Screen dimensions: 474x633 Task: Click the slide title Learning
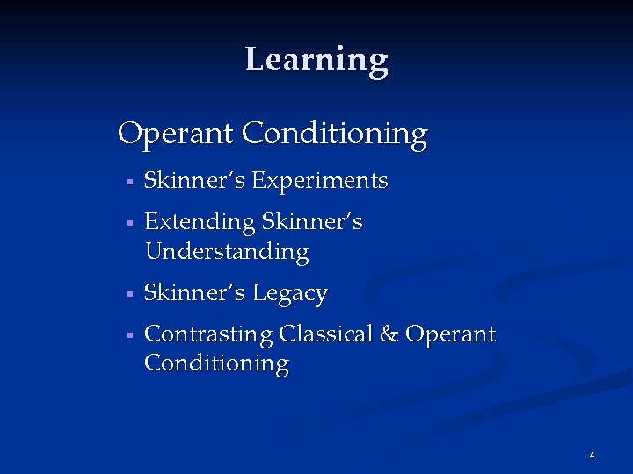click(316, 60)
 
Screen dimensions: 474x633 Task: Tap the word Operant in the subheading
click(176, 134)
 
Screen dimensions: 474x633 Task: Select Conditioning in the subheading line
click(335, 134)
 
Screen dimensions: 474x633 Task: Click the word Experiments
click(320, 182)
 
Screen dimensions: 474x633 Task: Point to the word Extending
click(200, 223)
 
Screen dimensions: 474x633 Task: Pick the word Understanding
click(227, 252)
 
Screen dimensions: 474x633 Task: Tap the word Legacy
click(290, 294)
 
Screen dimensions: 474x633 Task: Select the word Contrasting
click(208, 334)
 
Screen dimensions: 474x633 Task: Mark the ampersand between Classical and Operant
click(389, 334)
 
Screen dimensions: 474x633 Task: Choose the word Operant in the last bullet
click(451, 335)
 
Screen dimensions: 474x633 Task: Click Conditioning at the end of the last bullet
click(216, 363)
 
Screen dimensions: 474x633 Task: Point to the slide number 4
click(592, 455)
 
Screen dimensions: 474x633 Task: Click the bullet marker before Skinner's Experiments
click(128, 183)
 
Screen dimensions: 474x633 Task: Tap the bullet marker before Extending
click(128, 224)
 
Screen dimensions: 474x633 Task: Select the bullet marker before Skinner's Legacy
click(128, 294)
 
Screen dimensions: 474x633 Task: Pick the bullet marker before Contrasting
click(128, 335)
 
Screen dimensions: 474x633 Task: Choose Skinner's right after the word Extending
click(311, 223)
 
